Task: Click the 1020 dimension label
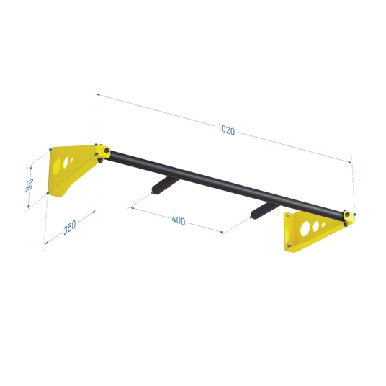tap(226, 130)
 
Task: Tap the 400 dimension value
tap(178, 220)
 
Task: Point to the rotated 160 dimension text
tap(30, 185)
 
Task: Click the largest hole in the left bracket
tap(57, 166)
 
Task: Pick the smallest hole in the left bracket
tap(71, 160)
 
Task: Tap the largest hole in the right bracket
tap(305, 229)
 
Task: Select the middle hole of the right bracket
tap(315, 226)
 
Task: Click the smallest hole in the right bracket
tap(323, 225)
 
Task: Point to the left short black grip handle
tap(166, 185)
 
